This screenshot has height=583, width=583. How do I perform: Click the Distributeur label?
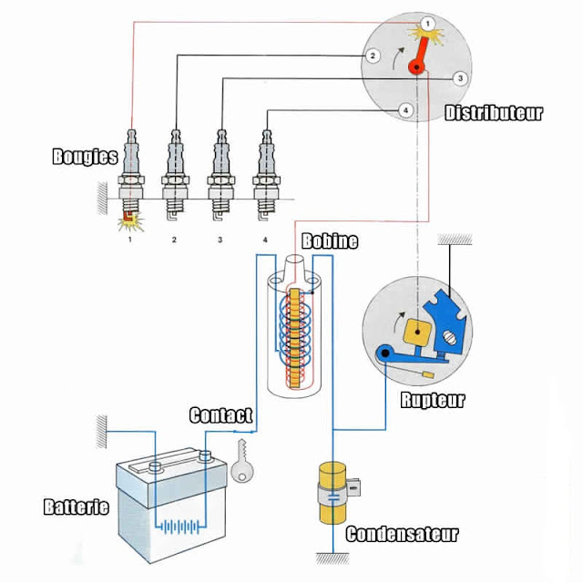494,113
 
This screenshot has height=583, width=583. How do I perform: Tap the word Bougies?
85,156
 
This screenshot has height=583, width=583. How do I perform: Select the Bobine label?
330,240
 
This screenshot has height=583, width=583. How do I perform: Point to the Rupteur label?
433,401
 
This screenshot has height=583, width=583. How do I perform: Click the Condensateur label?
402,535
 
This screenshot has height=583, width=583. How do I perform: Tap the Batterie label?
77,506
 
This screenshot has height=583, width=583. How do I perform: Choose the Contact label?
220,415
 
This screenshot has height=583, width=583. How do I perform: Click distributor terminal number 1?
427,24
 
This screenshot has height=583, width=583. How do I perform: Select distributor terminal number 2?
373,56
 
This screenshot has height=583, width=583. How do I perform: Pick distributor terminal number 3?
460,78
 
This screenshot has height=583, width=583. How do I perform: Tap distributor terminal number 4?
405,110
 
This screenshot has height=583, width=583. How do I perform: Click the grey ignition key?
242,462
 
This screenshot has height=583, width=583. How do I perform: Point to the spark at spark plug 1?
130,222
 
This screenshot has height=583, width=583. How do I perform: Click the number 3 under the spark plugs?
220,240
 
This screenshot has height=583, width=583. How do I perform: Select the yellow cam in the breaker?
417,332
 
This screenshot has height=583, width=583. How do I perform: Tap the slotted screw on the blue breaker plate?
449,338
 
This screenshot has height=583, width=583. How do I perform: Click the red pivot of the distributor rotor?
417,67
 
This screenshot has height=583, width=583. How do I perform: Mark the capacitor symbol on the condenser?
333,497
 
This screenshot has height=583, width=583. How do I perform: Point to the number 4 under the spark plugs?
265,240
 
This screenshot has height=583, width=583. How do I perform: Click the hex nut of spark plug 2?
176,180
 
